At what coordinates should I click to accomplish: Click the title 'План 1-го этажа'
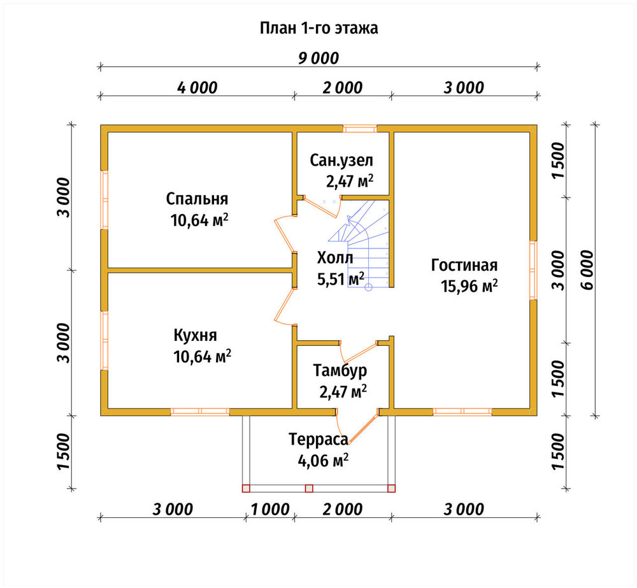pyautogui.click(x=319, y=28)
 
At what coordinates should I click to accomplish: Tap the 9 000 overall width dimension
pyautogui.click(x=318, y=59)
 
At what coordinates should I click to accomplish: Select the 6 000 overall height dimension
pyautogui.click(x=587, y=270)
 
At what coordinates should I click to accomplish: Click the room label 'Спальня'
pyautogui.click(x=197, y=199)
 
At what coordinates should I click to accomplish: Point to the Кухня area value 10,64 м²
pyautogui.click(x=203, y=356)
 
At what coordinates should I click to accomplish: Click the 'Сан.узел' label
pyautogui.click(x=341, y=161)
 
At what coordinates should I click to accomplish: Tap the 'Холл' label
pyautogui.click(x=335, y=257)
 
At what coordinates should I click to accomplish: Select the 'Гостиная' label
pyautogui.click(x=464, y=265)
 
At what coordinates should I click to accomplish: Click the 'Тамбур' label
pyautogui.click(x=340, y=371)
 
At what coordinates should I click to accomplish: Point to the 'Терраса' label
pyautogui.click(x=318, y=440)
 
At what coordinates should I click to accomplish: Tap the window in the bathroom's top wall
pyautogui.click(x=359, y=129)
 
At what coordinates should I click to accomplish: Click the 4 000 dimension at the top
pyautogui.click(x=197, y=87)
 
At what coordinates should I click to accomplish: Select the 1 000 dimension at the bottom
pyautogui.click(x=270, y=509)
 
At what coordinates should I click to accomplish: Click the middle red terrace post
pyautogui.click(x=309, y=489)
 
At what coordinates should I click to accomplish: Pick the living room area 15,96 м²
pyautogui.click(x=469, y=286)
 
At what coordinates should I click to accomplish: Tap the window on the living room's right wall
pyautogui.click(x=533, y=270)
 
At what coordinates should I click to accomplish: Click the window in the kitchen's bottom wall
pyautogui.click(x=200, y=412)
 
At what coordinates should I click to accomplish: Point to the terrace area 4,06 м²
pyautogui.click(x=324, y=461)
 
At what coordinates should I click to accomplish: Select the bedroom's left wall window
pyautogui.click(x=104, y=200)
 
